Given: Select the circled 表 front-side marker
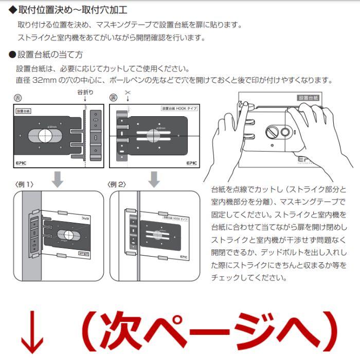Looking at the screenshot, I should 17,97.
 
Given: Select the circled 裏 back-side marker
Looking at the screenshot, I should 114,97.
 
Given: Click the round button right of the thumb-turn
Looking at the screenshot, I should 285,132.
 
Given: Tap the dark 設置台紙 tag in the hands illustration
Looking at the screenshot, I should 309,98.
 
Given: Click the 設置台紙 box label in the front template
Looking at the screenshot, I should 24,111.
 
